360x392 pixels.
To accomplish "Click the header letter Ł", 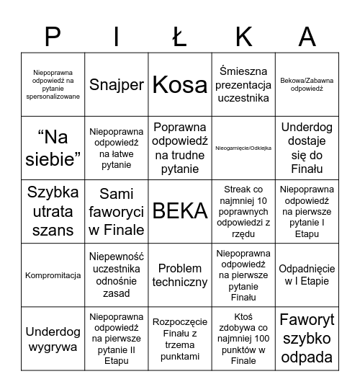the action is [181, 36].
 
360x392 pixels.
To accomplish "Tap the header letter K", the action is [243, 36].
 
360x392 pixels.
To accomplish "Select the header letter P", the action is [53, 36].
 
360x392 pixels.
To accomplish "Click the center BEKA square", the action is [180, 211].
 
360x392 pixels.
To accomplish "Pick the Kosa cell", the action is [180, 84].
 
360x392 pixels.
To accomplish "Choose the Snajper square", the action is [117, 84].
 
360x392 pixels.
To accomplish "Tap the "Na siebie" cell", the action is [53, 148].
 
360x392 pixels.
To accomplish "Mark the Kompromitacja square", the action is [53, 275].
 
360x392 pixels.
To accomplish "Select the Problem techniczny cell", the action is [180, 275].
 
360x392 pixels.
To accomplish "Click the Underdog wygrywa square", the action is [53, 338].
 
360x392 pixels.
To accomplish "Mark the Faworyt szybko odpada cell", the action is [307, 338].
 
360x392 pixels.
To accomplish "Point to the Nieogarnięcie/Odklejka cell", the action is [243, 148].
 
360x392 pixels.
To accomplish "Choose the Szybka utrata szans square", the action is [53, 211].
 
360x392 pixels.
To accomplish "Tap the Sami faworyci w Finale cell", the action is [117, 211].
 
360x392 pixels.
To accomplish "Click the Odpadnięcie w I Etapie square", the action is [307, 275].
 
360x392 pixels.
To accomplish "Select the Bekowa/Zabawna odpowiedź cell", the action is [307, 84].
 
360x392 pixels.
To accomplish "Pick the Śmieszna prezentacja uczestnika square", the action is [243, 84].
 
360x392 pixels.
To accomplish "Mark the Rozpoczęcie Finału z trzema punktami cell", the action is [180, 338].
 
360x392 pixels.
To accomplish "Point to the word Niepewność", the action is [117, 257].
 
